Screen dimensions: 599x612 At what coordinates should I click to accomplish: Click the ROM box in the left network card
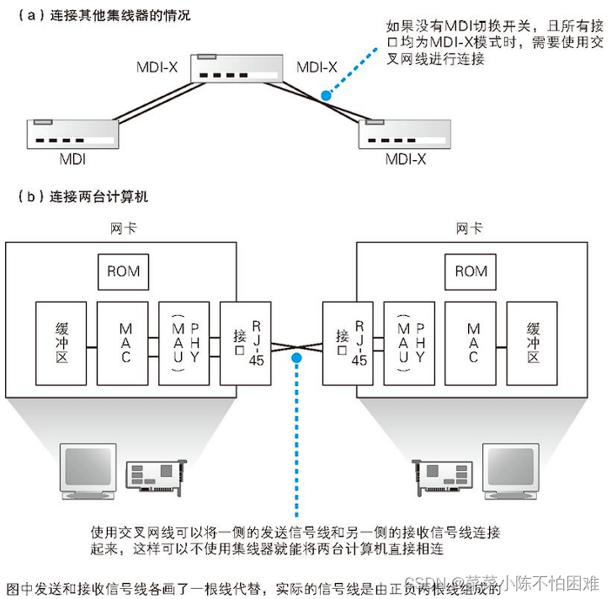coord(123,271)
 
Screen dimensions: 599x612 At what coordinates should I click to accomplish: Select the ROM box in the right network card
coord(471,271)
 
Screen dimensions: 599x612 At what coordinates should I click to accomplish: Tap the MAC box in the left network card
coord(124,345)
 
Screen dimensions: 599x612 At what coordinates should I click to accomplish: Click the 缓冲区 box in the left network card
coord(61,345)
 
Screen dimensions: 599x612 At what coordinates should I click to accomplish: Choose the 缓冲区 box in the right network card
coord(532,345)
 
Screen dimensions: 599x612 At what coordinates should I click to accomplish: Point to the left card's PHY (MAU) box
coord(184,345)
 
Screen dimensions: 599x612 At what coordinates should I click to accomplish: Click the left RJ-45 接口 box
coord(246,345)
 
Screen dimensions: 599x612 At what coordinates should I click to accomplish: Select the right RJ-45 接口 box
coord(348,345)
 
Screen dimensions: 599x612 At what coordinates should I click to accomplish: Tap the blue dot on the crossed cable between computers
coord(296,359)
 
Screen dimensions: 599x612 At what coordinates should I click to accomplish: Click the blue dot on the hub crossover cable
coord(327,95)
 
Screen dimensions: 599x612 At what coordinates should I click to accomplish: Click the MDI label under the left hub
coord(72,158)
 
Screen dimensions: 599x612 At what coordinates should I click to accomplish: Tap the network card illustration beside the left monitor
coord(156,476)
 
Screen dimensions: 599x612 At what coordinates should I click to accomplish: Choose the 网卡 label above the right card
coord(468,227)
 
